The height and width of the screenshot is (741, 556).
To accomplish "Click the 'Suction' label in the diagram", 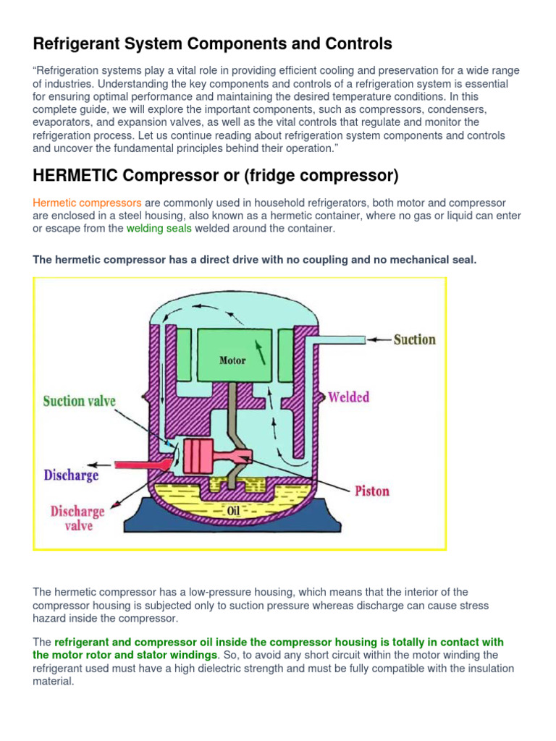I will coord(414,339).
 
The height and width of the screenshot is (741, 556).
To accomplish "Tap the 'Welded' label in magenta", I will coord(348,397).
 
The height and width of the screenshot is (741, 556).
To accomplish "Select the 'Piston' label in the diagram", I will coord(372,491).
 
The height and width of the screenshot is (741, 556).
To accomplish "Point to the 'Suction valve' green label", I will coord(80,401).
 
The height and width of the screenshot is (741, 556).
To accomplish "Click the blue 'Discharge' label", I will coord(71,475).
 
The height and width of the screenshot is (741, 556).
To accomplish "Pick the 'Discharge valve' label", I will coord(77,518).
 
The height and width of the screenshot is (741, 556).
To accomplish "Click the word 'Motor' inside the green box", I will coord(232,360).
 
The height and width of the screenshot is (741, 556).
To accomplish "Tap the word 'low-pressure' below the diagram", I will coord(208,592).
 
